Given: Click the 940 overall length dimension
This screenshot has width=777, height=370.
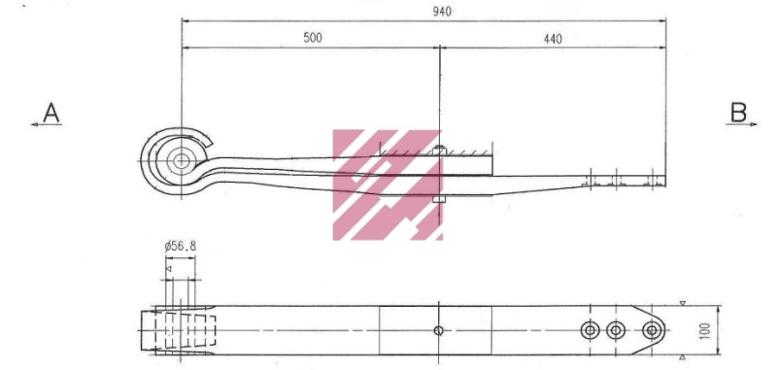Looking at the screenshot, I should [x=442, y=11].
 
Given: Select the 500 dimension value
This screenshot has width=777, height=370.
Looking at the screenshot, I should [x=313, y=38].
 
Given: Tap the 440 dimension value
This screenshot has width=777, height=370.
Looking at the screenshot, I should [x=553, y=39].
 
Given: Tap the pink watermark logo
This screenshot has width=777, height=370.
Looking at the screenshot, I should [x=388, y=185].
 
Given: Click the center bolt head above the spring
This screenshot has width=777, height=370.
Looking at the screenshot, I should [x=440, y=149].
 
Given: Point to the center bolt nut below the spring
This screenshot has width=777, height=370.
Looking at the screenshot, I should [x=440, y=199].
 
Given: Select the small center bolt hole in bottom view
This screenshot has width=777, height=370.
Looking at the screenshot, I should [x=439, y=331].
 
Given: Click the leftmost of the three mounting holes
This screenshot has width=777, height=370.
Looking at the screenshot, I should [x=590, y=331].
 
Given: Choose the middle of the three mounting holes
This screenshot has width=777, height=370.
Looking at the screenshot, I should [x=616, y=331].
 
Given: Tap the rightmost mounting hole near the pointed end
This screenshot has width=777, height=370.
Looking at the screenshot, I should [x=651, y=331].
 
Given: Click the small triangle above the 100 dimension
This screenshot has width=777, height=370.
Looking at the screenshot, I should [x=684, y=304].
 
